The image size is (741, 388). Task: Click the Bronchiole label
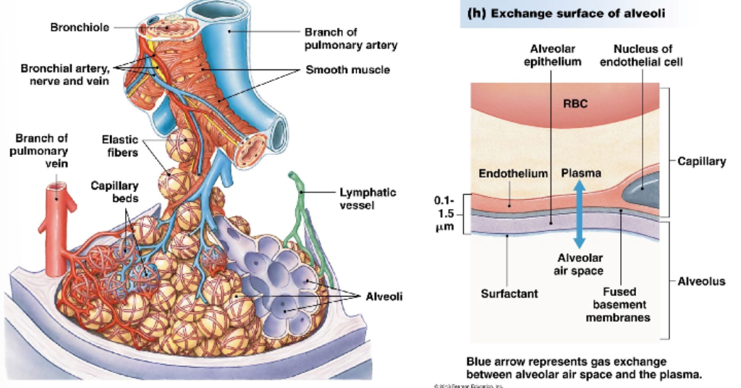(x=80, y=28)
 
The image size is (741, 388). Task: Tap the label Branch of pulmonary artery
(x=351, y=39)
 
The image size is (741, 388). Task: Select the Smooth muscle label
(x=347, y=70)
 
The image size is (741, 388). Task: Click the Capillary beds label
(x=114, y=192)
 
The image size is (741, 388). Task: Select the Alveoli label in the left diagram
(x=384, y=297)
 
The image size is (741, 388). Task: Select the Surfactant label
(x=506, y=294)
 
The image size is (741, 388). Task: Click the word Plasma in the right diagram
(x=581, y=174)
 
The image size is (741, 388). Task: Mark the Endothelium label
(x=510, y=174)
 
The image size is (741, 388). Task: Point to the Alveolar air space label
(x=579, y=263)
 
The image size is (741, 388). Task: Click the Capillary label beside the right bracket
(x=701, y=161)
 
